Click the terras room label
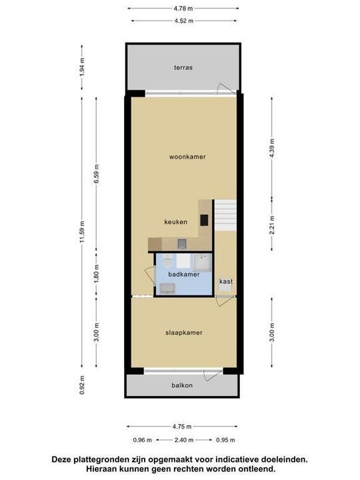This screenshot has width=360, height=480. coord(183,67)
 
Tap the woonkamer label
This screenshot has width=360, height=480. coord(187,157)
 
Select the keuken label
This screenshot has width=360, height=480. coord(176,221)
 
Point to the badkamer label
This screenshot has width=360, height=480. coord(184,274)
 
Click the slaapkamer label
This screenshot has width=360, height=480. coord(184,333)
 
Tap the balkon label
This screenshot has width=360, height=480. coord(182,385)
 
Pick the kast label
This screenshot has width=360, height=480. coord(226,281)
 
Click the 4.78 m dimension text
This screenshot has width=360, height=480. coord(183,9)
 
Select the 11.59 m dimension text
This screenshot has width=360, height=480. coord(82,232)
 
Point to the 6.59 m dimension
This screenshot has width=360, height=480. coord(97,174)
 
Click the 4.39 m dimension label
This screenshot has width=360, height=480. coord(272,148)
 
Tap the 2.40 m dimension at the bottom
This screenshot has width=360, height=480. coord(184,440)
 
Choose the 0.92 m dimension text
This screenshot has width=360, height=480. coord(82,385)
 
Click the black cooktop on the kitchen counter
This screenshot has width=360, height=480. coord(204,220)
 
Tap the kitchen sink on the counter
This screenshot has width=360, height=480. coord(181,244)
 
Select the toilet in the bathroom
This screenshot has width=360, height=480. coord(167,261)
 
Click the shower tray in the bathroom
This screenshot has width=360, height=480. coord(202,263)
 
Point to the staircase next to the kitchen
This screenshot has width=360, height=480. coord(225,215)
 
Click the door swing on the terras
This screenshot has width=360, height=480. coord(223,89)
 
